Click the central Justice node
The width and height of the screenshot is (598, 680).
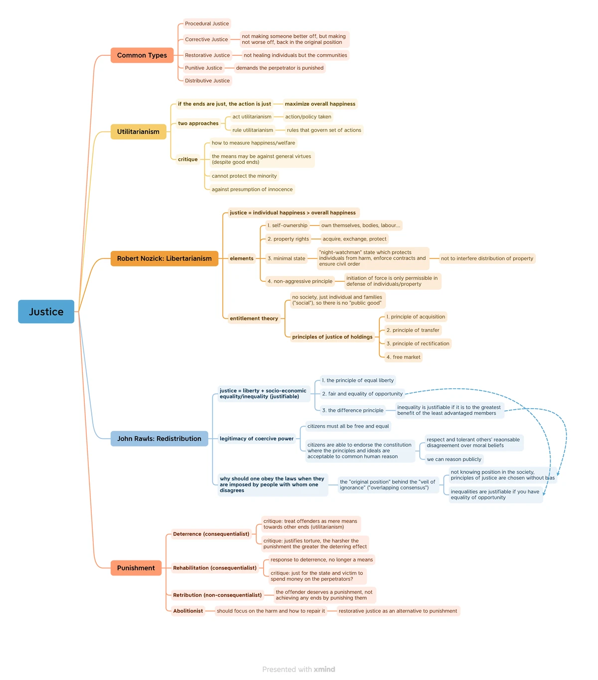pyautogui.click(x=46, y=312)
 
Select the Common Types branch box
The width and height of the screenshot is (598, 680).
pyautogui.click(x=142, y=55)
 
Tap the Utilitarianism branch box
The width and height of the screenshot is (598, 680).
pyautogui.click(x=138, y=131)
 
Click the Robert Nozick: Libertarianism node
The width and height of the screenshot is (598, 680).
pyautogui.click(x=164, y=258)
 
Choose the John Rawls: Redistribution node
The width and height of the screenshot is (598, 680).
pyautogui.click(x=159, y=439)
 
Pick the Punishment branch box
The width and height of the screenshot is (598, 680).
pyautogui.click(x=136, y=567)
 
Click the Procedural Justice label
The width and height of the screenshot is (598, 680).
pyautogui.click(x=207, y=23)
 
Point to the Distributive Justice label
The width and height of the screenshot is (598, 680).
pyautogui.click(x=207, y=81)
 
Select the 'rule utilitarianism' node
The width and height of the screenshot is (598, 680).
pyautogui.click(x=253, y=130)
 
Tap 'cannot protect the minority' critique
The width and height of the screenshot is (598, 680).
pyautogui.click(x=244, y=176)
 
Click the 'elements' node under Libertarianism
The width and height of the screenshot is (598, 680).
pyautogui.click(x=242, y=258)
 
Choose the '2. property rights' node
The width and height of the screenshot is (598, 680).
pyautogui.click(x=288, y=239)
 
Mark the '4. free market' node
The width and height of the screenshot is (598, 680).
pyautogui.click(x=403, y=357)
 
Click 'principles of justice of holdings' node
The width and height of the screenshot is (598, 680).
pyautogui.click(x=332, y=337)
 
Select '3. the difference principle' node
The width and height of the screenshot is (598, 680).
pyautogui.click(x=352, y=410)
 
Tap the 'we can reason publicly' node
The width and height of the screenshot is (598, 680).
pyautogui.click(x=454, y=459)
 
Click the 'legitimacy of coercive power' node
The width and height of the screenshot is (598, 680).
pyautogui.click(x=256, y=439)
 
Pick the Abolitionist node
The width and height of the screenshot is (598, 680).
pyautogui.click(x=188, y=611)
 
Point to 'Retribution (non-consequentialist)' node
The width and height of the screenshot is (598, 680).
pyautogui.click(x=217, y=595)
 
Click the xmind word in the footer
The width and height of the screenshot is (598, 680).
pyautogui.click(x=324, y=669)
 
